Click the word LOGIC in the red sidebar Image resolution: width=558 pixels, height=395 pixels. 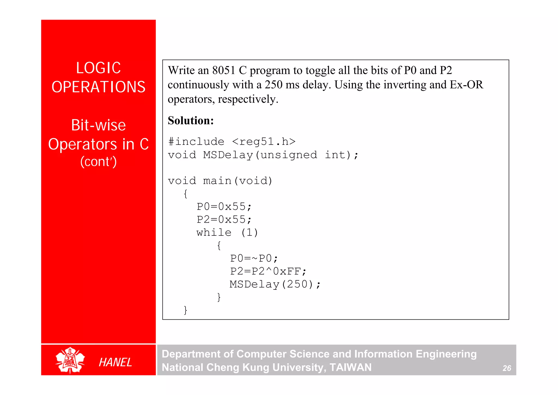click(x=98, y=68)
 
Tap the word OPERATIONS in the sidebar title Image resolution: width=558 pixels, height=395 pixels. click(x=98, y=87)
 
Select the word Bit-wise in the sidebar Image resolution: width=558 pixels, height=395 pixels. click(x=98, y=125)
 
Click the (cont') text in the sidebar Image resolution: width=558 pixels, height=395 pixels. click(x=98, y=161)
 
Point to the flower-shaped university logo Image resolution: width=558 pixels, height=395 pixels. click(x=70, y=360)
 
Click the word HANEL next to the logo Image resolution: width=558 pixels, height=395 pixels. click(x=115, y=362)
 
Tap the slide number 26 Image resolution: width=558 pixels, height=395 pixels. click(x=507, y=368)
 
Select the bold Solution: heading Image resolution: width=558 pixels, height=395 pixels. click(x=191, y=120)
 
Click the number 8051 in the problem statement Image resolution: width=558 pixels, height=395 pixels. click(x=224, y=70)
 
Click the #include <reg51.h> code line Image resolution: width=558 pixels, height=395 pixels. click(x=232, y=142)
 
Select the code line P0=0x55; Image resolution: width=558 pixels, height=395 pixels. click(x=224, y=207)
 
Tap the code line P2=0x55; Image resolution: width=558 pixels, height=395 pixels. click(x=224, y=219)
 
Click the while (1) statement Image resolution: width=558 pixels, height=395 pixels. click(x=227, y=232)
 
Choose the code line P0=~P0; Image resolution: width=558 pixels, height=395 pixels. click(x=254, y=258)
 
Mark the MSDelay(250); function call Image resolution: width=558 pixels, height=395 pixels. click(x=275, y=284)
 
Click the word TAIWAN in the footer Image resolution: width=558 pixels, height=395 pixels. click(x=350, y=367)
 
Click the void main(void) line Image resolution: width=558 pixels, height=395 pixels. click(x=220, y=181)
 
